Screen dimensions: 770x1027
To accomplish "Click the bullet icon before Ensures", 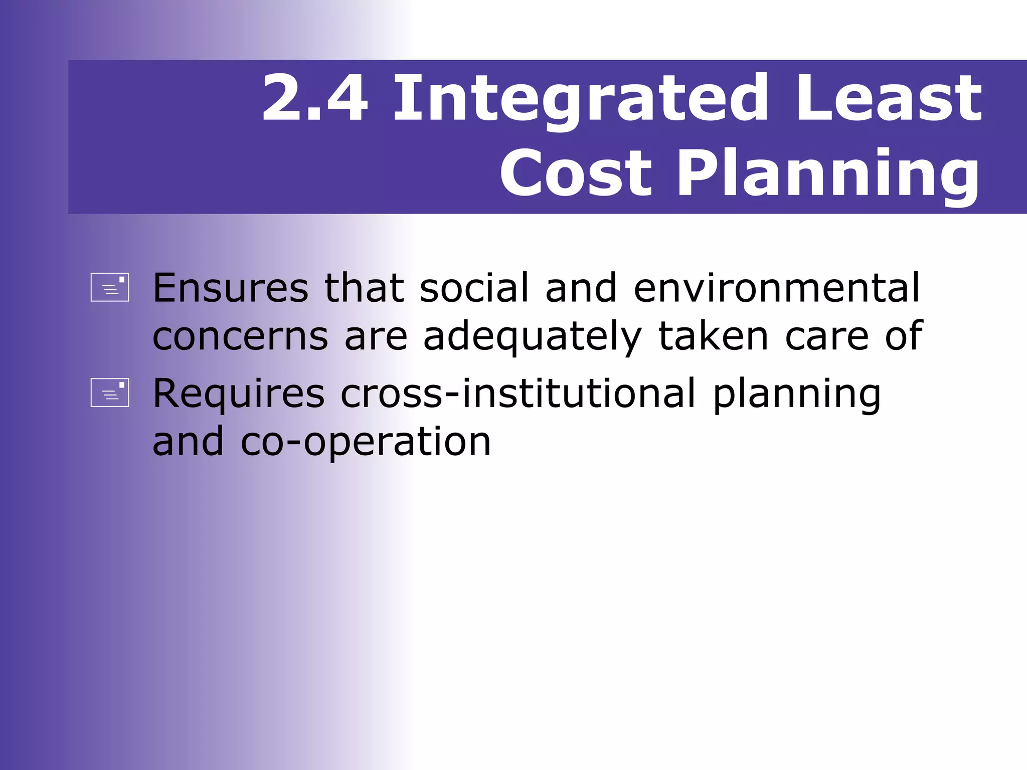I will point(110,287).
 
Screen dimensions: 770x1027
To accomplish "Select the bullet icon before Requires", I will point(110,393).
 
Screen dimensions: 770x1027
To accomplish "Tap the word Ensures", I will point(230,288).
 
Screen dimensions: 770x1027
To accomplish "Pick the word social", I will point(474,288).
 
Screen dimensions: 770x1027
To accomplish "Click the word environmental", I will point(777,288).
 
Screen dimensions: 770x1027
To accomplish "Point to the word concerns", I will point(240,336).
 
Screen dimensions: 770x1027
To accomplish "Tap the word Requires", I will point(239,394).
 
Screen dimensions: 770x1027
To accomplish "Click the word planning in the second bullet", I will point(797,394).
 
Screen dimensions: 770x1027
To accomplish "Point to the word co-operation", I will point(366,442).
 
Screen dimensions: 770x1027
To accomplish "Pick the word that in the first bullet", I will point(364,288).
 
